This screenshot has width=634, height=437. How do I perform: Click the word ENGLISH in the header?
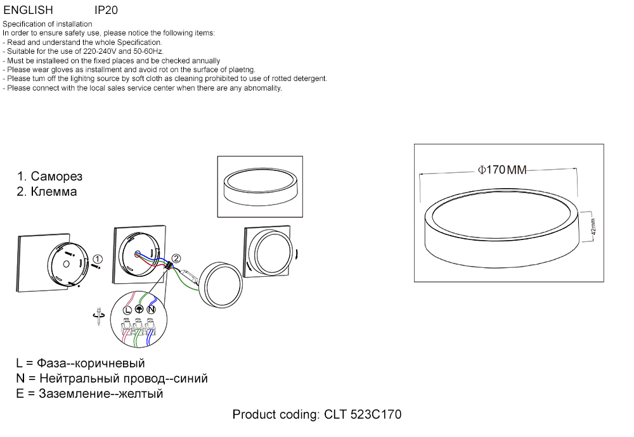pyautogui.click(x=29, y=11)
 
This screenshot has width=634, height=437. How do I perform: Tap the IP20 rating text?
pyautogui.click(x=106, y=11)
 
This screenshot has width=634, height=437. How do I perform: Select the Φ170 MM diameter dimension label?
pyautogui.click(x=501, y=170)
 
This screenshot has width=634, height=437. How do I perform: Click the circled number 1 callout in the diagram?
pyautogui.click(x=97, y=259)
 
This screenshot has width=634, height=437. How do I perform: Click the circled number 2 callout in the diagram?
pyautogui.click(x=176, y=258)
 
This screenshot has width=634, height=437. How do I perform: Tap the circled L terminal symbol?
pyautogui.click(x=127, y=309)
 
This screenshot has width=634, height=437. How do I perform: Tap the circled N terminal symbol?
pyautogui.click(x=151, y=309)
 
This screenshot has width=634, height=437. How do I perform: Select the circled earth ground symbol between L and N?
pyautogui.click(x=139, y=309)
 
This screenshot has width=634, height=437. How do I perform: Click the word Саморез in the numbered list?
pyautogui.click(x=56, y=177)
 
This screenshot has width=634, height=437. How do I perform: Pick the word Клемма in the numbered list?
pyautogui.click(x=54, y=192)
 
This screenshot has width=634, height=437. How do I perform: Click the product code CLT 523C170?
pyautogui.click(x=363, y=415)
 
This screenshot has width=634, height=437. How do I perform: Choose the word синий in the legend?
pyautogui.click(x=190, y=379)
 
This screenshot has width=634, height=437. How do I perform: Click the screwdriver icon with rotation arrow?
pyautogui.click(x=98, y=317)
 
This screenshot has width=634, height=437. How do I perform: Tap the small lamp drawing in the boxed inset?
pyautogui.click(x=260, y=187)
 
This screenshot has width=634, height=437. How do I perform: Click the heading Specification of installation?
pyautogui.click(x=48, y=24)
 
